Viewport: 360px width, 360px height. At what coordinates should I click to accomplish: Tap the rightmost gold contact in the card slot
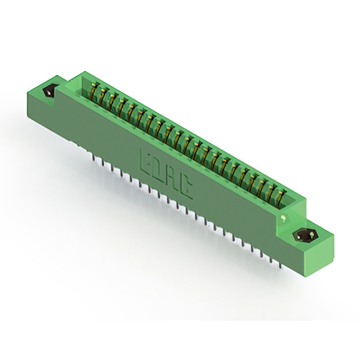point(280,197)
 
